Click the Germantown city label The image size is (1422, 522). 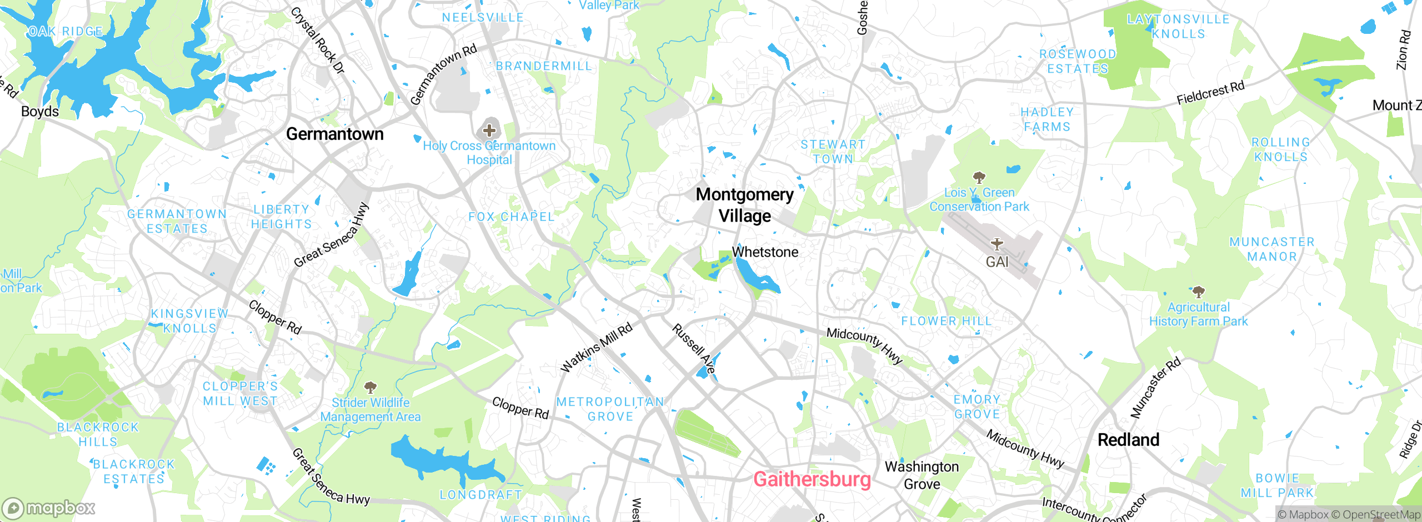[334, 134]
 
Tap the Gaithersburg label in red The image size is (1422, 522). [812, 479]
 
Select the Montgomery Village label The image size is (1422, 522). [744, 205]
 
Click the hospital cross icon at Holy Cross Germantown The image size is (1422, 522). [489, 130]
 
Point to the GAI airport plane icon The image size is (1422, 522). [997, 244]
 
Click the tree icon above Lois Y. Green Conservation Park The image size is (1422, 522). [979, 178]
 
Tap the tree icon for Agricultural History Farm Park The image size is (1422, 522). [1199, 292]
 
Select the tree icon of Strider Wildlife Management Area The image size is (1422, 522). [370, 387]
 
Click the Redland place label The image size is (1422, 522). [1128, 440]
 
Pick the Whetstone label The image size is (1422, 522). [765, 252]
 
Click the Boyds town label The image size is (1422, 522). [40, 111]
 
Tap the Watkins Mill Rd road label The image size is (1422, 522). [597, 348]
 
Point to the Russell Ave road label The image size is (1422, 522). [693, 349]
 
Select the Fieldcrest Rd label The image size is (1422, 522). [1210, 93]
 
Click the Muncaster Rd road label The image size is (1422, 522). [1155, 388]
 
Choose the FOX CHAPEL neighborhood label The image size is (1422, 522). [511, 217]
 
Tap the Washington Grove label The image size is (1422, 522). [922, 475]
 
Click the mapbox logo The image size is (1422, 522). [49, 508]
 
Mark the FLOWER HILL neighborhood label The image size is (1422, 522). [946, 321]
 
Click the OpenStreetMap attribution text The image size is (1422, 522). [1381, 515]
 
